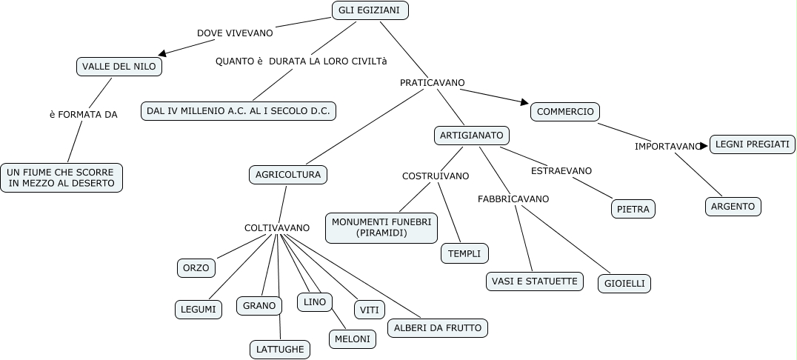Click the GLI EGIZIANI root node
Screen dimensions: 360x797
click(369, 10)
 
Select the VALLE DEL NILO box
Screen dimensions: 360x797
click(119, 67)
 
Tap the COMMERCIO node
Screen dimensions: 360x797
click(565, 112)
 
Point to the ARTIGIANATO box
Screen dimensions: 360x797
click(472, 136)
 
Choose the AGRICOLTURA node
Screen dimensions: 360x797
click(288, 175)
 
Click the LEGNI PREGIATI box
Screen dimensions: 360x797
click(753, 144)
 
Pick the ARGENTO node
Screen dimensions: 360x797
click(733, 207)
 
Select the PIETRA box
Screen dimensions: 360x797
click(633, 210)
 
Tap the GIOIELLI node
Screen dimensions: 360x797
click(624, 284)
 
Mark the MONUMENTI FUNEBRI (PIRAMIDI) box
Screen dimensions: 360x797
click(381, 228)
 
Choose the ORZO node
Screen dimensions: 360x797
click(196, 267)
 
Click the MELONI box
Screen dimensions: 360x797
click(352, 339)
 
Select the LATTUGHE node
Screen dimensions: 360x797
click(279, 349)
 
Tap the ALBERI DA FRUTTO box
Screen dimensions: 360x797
click(438, 328)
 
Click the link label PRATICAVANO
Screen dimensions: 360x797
click(433, 83)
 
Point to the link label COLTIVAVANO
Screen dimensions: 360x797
click(277, 228)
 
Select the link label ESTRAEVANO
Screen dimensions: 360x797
click(561, 171)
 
